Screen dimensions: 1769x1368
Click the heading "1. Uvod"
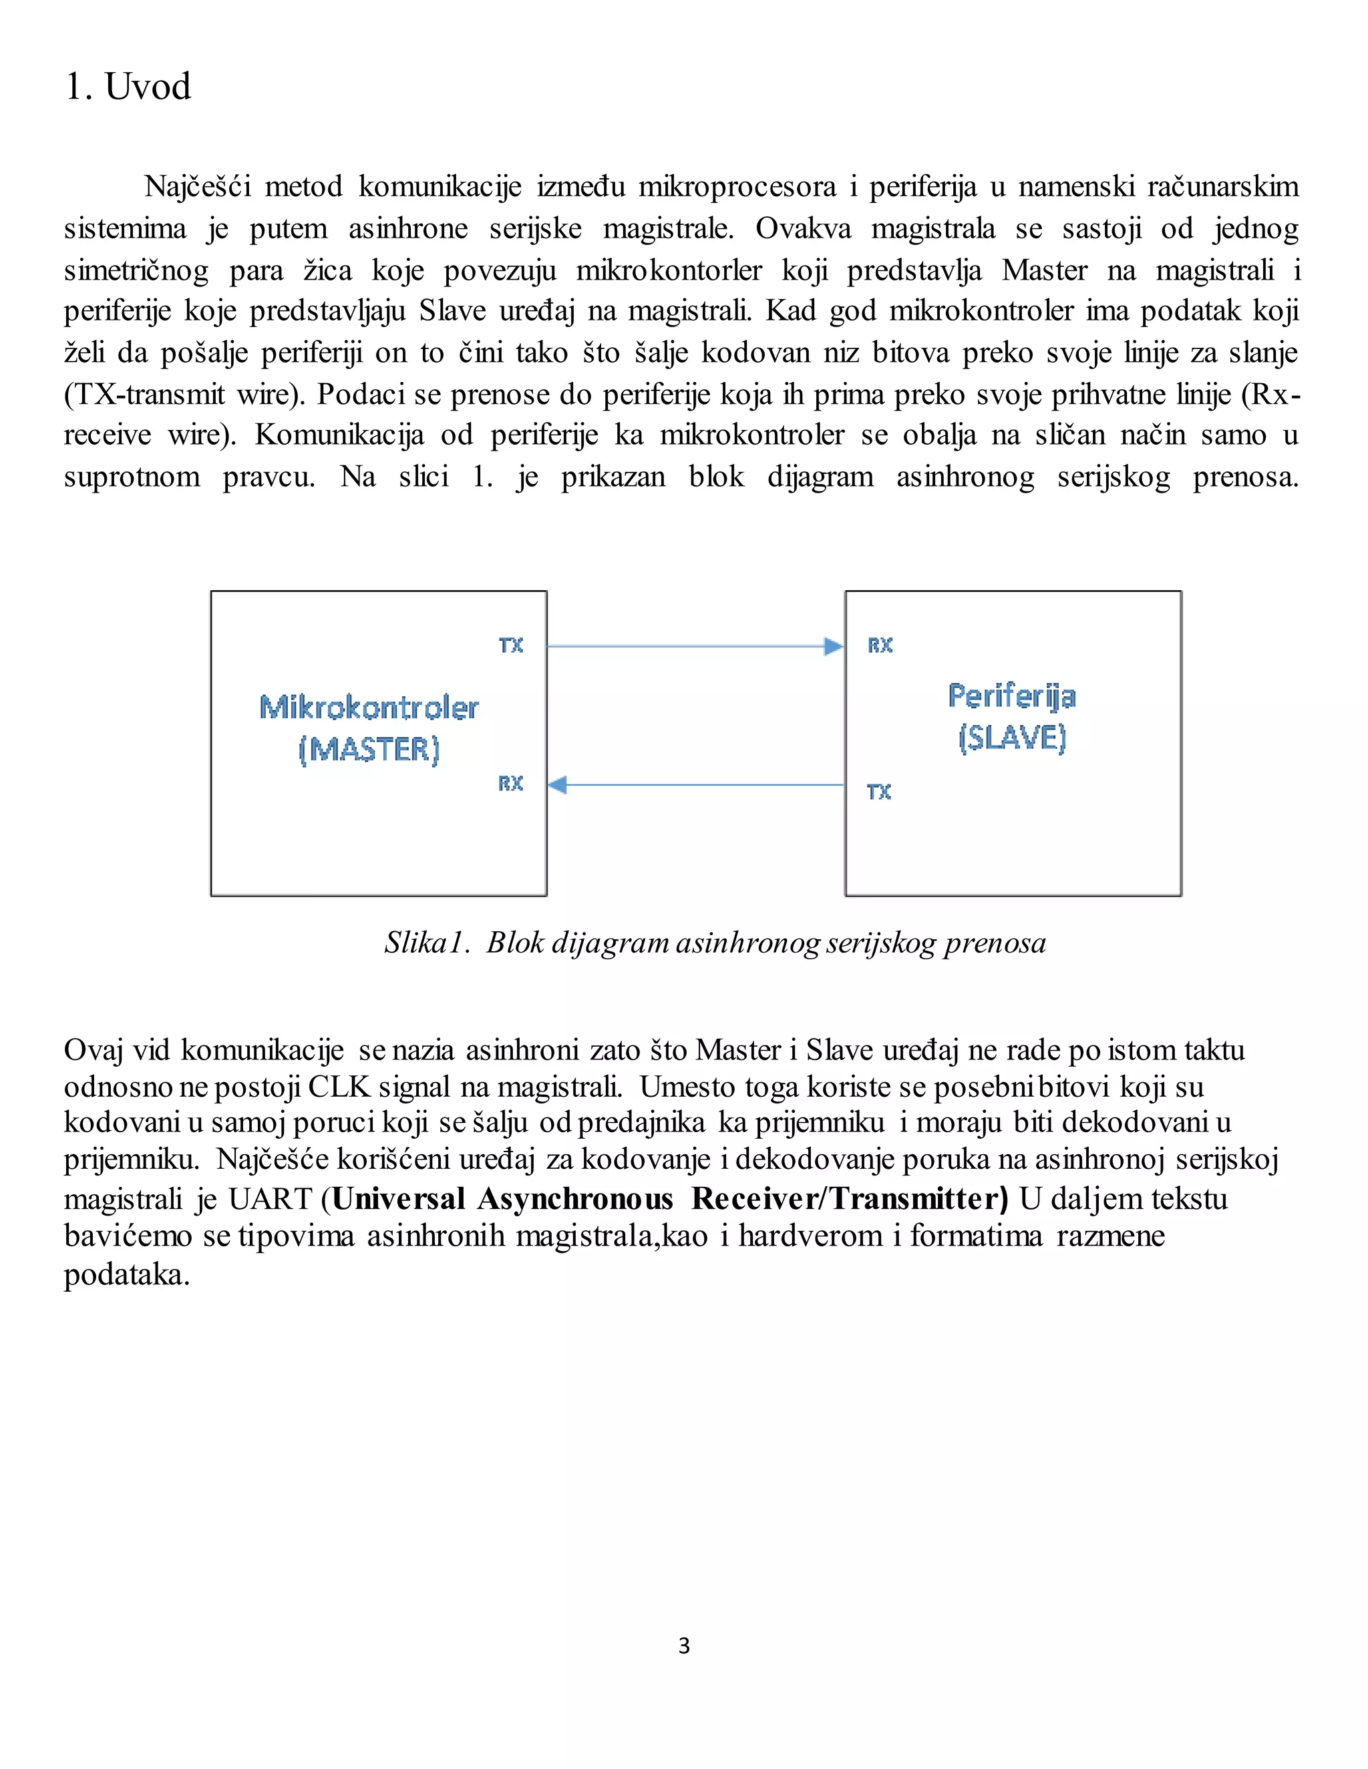[x=128, y=87]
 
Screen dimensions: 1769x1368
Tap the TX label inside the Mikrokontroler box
[x=510, y=646]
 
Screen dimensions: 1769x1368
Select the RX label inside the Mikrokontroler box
[x=510, y=783]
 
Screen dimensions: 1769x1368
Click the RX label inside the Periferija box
[x=880, y=646]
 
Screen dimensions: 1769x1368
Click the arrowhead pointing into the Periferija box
[x=833, y=646]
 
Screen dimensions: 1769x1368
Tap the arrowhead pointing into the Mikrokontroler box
[x=558, y=784]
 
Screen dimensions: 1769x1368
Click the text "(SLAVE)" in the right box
[x=1012, y=738]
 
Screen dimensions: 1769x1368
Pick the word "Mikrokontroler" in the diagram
[x=369, y=708]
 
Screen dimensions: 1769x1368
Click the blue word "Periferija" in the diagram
[x=1012, y=696]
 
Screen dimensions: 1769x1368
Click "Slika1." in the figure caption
[x=427, y=943]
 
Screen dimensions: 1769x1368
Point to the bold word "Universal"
[x=399, y=1199]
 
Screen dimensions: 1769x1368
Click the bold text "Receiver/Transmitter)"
[x=850, y=1199]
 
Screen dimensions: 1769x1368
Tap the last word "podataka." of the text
[x=126, y=1275]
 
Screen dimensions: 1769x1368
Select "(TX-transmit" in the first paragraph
[x=144, y=395]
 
